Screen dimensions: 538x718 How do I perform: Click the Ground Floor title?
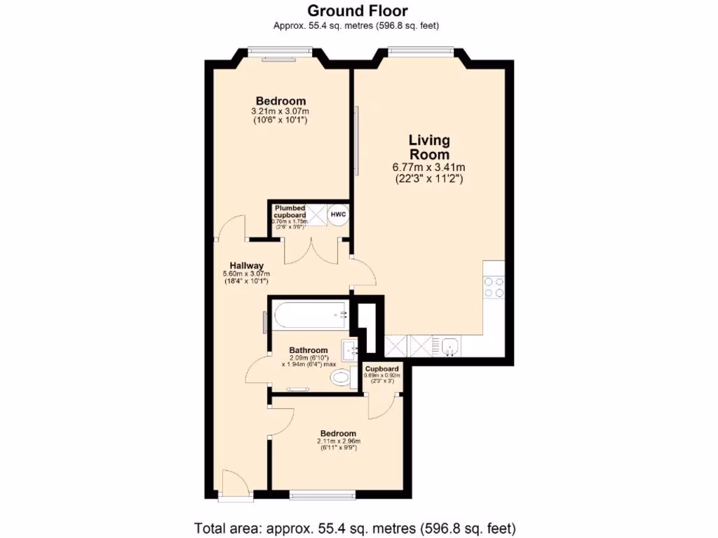(x=358, y=11)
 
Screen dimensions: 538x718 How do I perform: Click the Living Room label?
(x=429, y=147)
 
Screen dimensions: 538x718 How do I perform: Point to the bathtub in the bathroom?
(x=309, y=315)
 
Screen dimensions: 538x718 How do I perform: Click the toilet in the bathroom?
(x=341, y=379)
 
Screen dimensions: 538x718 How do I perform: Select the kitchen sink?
(x=449, y=345)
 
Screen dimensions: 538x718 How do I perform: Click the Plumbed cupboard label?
(x=290, y=212)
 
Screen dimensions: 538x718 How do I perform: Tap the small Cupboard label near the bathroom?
(x=382, y=368)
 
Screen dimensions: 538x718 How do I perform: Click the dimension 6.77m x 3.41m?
(x=429, y=167)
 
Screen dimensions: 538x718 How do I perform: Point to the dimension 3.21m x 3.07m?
(x=280, y=111)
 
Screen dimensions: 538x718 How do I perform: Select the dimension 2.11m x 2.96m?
(x=338, y=441)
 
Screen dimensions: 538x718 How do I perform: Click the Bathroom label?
(x=309, y=350)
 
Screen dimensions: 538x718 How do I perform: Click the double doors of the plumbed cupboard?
(x=309, y=251)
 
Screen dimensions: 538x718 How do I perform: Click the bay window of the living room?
(x=421, y=50)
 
